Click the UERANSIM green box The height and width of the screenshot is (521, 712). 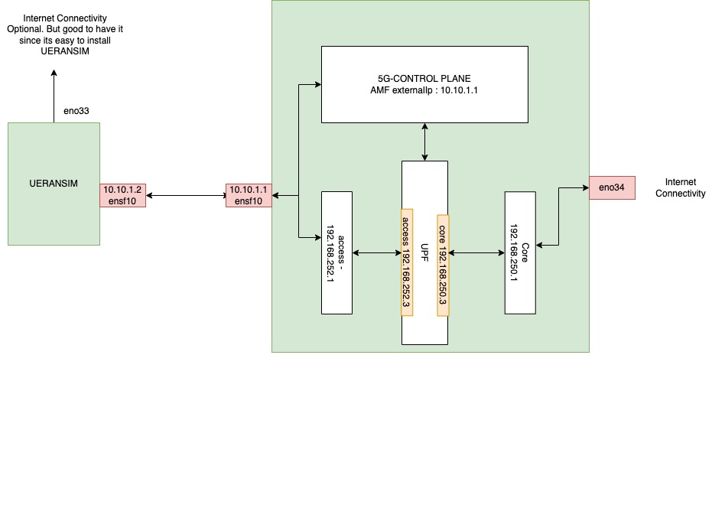point(54,184)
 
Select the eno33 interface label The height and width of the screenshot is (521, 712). point(76,111)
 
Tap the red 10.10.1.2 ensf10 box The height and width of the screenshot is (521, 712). point(122,195)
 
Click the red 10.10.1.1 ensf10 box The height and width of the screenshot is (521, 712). point(249,195)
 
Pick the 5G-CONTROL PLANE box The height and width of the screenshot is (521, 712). point(424,84)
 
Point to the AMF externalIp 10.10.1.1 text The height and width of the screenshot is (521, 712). point(424,90)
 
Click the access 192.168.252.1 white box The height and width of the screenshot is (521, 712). point(336,252)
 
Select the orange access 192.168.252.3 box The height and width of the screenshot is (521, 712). point(406,262)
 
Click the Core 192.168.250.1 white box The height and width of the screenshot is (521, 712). point(520,252)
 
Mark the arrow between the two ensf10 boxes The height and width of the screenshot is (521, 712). point(186,196)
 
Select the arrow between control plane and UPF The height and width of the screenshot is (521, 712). point(424,142)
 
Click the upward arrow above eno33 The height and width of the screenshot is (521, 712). point(54,96)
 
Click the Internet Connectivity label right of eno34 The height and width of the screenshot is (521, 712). point(680,187)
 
